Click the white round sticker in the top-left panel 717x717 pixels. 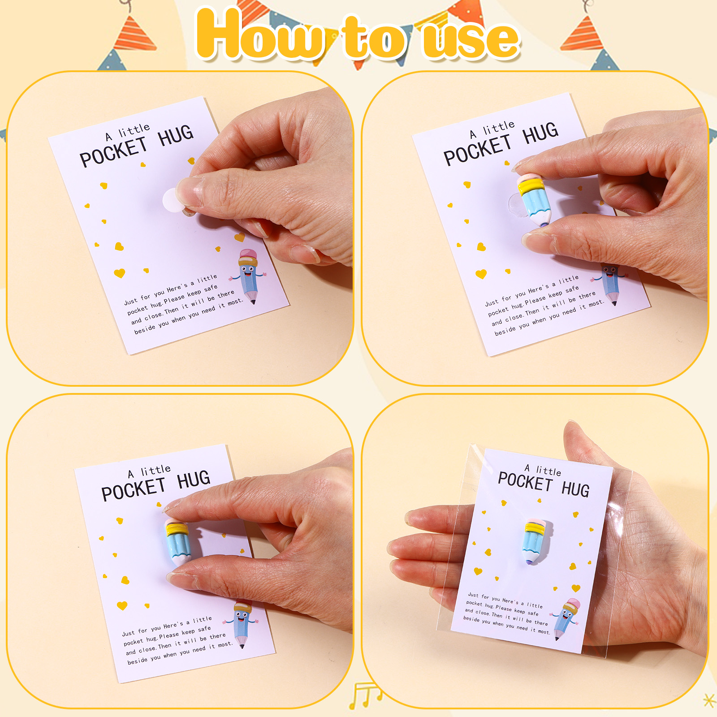point(173,201)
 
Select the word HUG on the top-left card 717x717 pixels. point(176,135)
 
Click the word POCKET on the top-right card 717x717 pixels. point(478,151)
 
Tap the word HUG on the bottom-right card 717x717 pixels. point(575,489)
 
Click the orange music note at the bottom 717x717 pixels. point(365,695)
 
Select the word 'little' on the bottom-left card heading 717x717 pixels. point(155,470)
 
